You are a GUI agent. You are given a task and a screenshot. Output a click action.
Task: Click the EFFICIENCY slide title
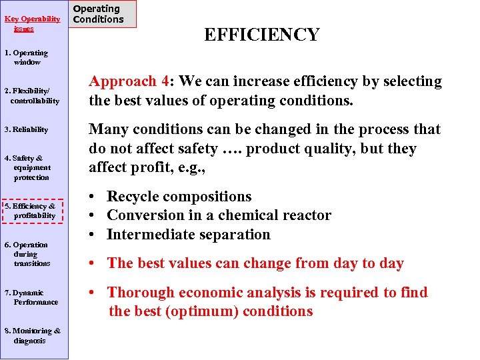pos(261,35)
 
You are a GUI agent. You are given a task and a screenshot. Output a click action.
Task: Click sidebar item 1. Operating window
pos(27,57)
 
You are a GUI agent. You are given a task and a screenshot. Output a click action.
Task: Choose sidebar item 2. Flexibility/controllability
pos(33,96)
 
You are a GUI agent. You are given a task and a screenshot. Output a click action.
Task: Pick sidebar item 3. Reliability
pos(27,129)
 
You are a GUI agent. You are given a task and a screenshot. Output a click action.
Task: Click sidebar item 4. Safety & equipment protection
pos(28,168)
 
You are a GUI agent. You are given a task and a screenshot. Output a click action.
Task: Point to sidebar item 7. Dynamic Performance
pos(32,297)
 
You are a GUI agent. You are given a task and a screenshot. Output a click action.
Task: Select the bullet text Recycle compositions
pos(179,197)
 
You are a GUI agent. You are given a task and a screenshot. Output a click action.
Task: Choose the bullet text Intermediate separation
pos(188,235)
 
